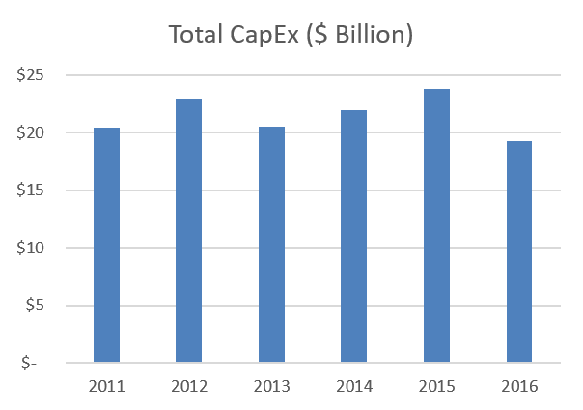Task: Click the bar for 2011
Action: tap(105, 246)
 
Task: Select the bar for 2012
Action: tap(188, 231)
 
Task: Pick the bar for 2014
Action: tap(353, 237)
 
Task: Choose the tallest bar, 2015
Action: tap(436, 226)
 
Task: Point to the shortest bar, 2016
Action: tap(518, 252)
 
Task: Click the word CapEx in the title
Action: tap(266, 36)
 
